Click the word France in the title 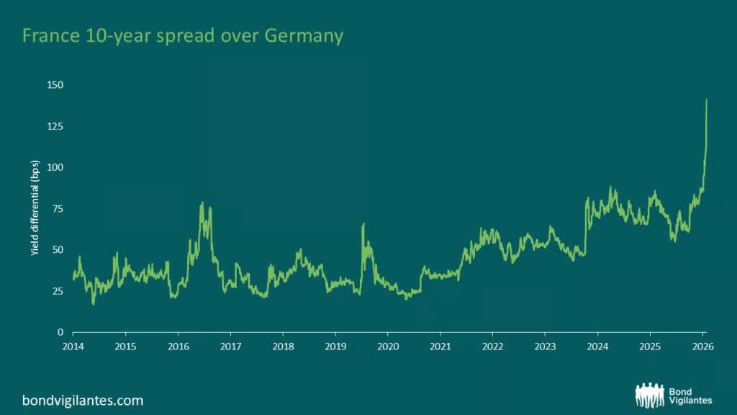point(51,36)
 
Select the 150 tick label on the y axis point(55,85)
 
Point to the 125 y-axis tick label point(55,127)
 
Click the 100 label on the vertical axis point(55,167)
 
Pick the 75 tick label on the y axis point(58,209)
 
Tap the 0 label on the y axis point(60,333)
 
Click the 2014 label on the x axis point(73,347)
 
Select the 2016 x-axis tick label point(178,347)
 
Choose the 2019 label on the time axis point(335,347)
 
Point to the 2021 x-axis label point(440,347)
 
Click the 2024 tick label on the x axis point(598,347)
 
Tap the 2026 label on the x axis point(702,347)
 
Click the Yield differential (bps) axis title point(35,208)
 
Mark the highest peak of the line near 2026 point(707,99)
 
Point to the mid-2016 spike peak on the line point(202,202)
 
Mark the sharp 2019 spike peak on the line point(363,224)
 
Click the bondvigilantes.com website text point(83,401)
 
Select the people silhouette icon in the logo point(650,395)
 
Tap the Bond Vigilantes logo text point(690,396)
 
